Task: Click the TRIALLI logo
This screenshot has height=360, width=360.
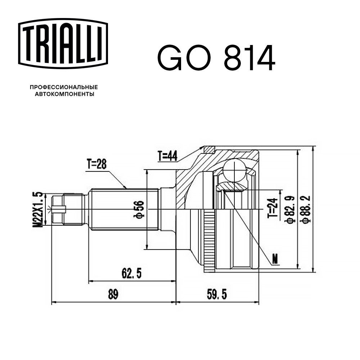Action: [x=63, y=43]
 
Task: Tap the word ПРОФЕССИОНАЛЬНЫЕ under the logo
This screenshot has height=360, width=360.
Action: [x=64, y=87]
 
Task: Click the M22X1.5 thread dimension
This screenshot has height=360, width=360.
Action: [x=39, y=209]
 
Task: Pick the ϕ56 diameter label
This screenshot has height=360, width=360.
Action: [x=141, y=209]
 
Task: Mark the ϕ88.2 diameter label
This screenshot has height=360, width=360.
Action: [x=306, y=209]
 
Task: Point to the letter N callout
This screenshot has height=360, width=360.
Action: [x=275, y=258]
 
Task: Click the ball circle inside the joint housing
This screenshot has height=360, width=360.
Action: [x=234, y=169]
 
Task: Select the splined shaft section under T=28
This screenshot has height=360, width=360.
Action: [x=124, y=209]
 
